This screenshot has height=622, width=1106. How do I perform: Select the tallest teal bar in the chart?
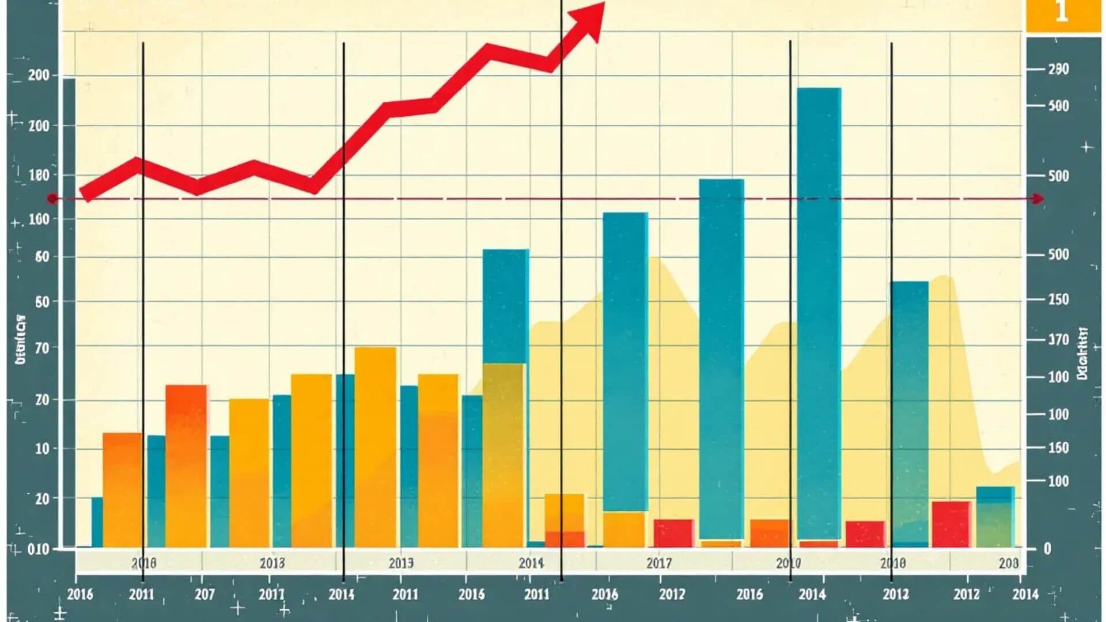(819, 311)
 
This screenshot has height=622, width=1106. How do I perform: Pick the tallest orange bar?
(375, 446)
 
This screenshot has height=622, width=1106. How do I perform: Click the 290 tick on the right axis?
(1058, 70)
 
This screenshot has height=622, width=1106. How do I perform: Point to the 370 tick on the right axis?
(1058, 340)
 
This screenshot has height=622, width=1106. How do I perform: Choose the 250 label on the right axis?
(1058, 299)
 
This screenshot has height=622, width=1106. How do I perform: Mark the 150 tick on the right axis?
(1058, 447)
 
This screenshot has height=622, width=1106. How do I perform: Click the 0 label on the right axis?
(1047, 548)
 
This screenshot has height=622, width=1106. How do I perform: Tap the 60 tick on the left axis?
(42, 257)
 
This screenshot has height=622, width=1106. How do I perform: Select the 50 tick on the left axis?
(42, 302)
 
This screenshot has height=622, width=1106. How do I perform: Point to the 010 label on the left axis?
(39, 549)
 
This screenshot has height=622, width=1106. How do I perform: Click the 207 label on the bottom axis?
(205, 594)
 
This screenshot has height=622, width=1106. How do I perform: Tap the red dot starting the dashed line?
(52, 199)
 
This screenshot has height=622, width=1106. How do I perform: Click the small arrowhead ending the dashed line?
(1039, 199)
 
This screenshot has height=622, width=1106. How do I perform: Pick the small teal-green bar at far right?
(995, 517)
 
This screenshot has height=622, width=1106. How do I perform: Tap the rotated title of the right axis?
(1082, 354)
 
